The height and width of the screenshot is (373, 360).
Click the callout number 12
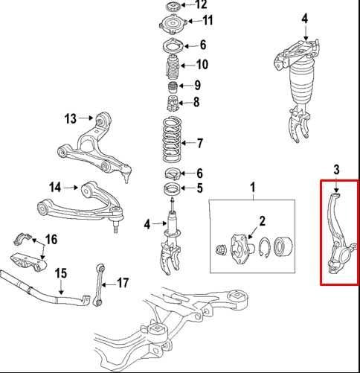click(x=201, y=4)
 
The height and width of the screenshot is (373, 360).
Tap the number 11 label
click(x=208, y=20)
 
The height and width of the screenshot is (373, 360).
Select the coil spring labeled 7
click(x=172, y=139)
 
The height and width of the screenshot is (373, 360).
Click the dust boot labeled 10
click(x=172, y=66)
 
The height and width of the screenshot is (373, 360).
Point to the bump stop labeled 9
click(x=173, y=87)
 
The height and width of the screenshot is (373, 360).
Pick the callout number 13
click(x=71, y=118)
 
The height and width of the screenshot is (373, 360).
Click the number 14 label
click(x=55, y=187)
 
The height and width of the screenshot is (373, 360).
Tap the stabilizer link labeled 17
click(x=99, y=285)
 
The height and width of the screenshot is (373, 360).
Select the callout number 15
click(x=61, y=273)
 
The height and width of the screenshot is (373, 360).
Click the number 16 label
click(x=51, y=240)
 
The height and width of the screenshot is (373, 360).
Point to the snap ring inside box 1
click(x=264, y=248)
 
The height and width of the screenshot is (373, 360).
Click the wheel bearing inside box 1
click(x=283, y=246)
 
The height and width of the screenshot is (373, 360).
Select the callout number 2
click(x=263, y=221)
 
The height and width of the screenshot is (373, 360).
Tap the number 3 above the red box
click(x=336, y=170)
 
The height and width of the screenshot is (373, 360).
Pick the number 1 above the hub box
click(x=253, y=188)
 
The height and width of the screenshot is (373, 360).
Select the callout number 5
click(x=200, y=188)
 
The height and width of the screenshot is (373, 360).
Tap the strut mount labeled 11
click(x=172, y=25)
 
